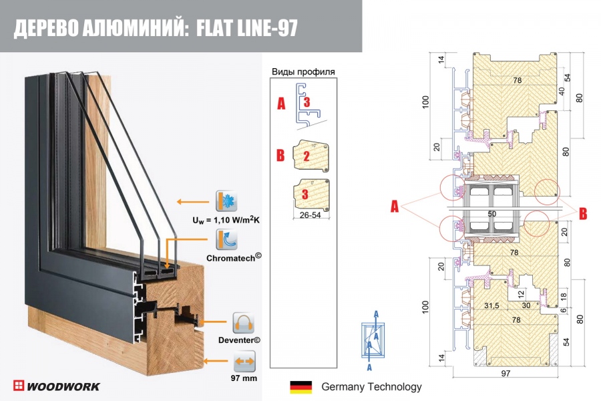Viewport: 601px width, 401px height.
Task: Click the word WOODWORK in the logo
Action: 63,386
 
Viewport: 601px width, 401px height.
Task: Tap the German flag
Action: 300,387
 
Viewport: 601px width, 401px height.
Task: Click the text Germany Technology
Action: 371,387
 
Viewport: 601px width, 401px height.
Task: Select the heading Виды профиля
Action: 303,72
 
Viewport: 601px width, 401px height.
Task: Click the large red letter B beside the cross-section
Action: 582,214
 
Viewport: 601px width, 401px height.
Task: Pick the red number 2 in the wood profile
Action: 306,158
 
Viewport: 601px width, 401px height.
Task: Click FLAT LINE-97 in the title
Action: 248,27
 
